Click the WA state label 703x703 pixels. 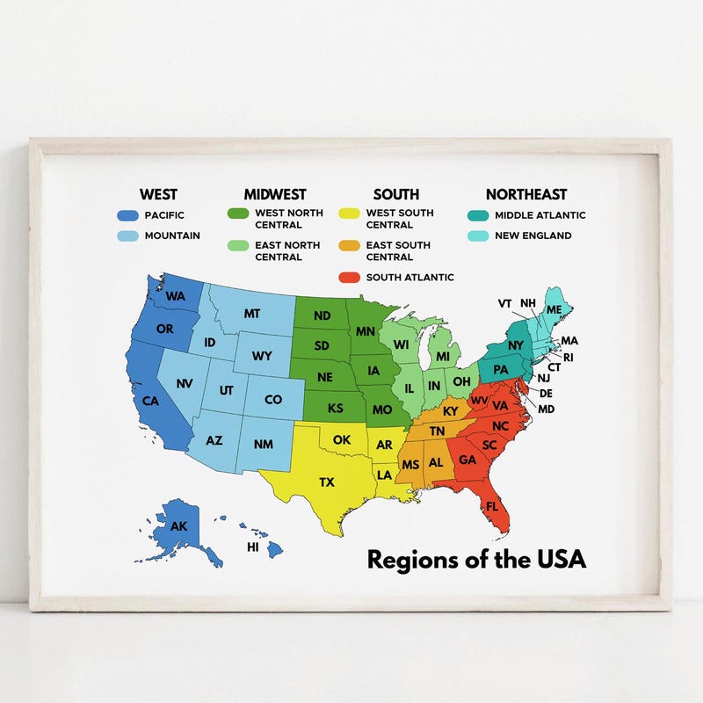pyautogui.click(x=174, y=296)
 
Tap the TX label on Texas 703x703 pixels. pyautogui.click(x=327, y=482)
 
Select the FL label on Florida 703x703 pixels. pyautogui.click(x=492, y=507)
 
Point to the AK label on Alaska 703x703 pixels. pyautogui.click(x=178, y=526)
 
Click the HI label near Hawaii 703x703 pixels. pyautogui.click(x=253, y=547)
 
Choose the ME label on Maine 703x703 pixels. pyautogui.click(x=554, y=309)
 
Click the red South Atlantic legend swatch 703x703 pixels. pyautogui.click(x=350, y=278)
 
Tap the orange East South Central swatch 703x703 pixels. pyautogui.click(x=350, y=246)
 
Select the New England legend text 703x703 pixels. pyautogui.click(x=533, y=236)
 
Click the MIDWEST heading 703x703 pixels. pyautogui.click(x=275, y=194)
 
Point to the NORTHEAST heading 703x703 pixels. pyautogui.click(x=526, y=194)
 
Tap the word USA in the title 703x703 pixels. pyautogui.click(x=559, y=558)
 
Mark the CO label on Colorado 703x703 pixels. pyautogui.click(x=273, y=400)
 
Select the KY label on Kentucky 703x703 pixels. pyautogui.click(x=451, y=411)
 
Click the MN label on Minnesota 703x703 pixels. pyautogui.click(x=366, y=331)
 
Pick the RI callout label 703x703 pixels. pyautogui.click(x=568, y=357)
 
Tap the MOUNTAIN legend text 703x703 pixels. pyautogui.click(x=172, y=236)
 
